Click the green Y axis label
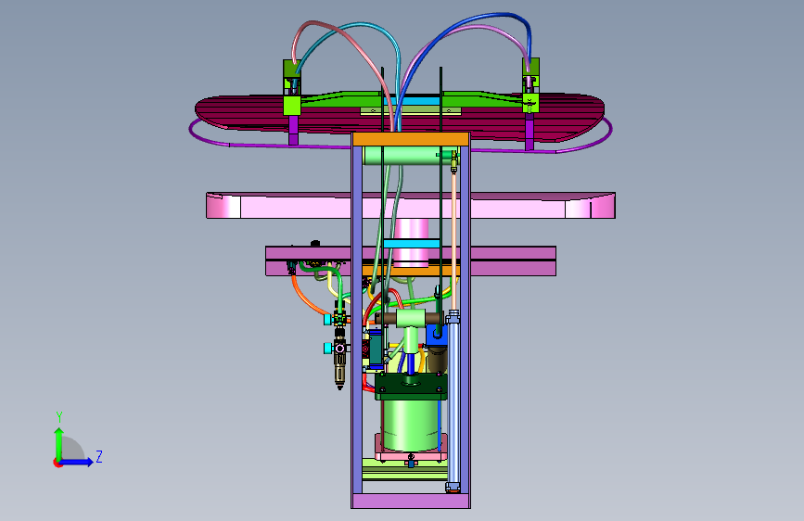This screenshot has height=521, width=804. (59, 417)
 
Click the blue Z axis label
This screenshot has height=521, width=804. (99, 456)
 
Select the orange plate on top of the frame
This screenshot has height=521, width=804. (411, 139)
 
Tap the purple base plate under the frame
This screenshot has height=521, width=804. (411, 501)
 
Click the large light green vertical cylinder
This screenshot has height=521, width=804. (411, 424)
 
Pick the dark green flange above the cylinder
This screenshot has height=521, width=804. (411, 387)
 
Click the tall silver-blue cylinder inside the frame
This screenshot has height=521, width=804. (453, 400)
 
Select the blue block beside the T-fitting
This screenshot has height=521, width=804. (436, 335)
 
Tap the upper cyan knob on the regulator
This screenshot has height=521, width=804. (327, 320)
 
